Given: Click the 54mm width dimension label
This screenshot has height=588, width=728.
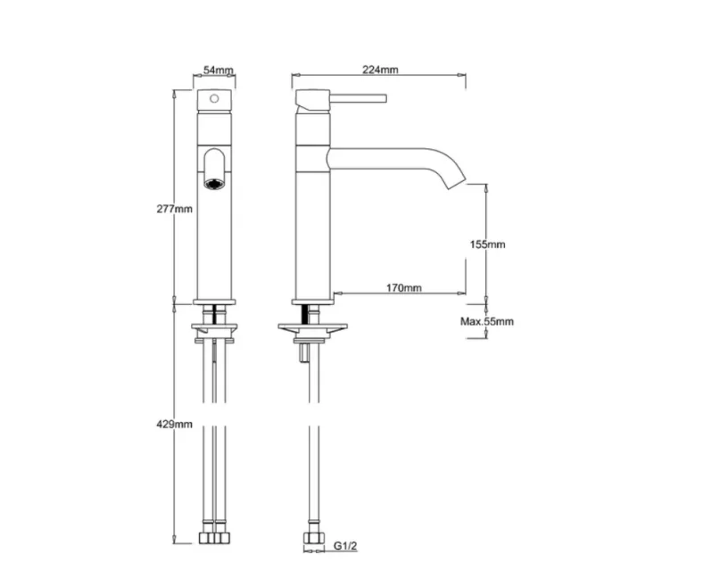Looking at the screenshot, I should pyautogui.click(x=219, y=70).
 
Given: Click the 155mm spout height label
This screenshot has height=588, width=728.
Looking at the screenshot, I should pyautogui.click(x=488, y=244).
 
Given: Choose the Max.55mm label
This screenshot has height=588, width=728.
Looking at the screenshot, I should pyautogui.click(x=487, y=321).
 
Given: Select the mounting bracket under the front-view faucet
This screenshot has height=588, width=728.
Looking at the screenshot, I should pyautogui.click(x=215, y=333).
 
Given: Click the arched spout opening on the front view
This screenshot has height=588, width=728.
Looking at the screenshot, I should pyautogui.click(x=215, y=165).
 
